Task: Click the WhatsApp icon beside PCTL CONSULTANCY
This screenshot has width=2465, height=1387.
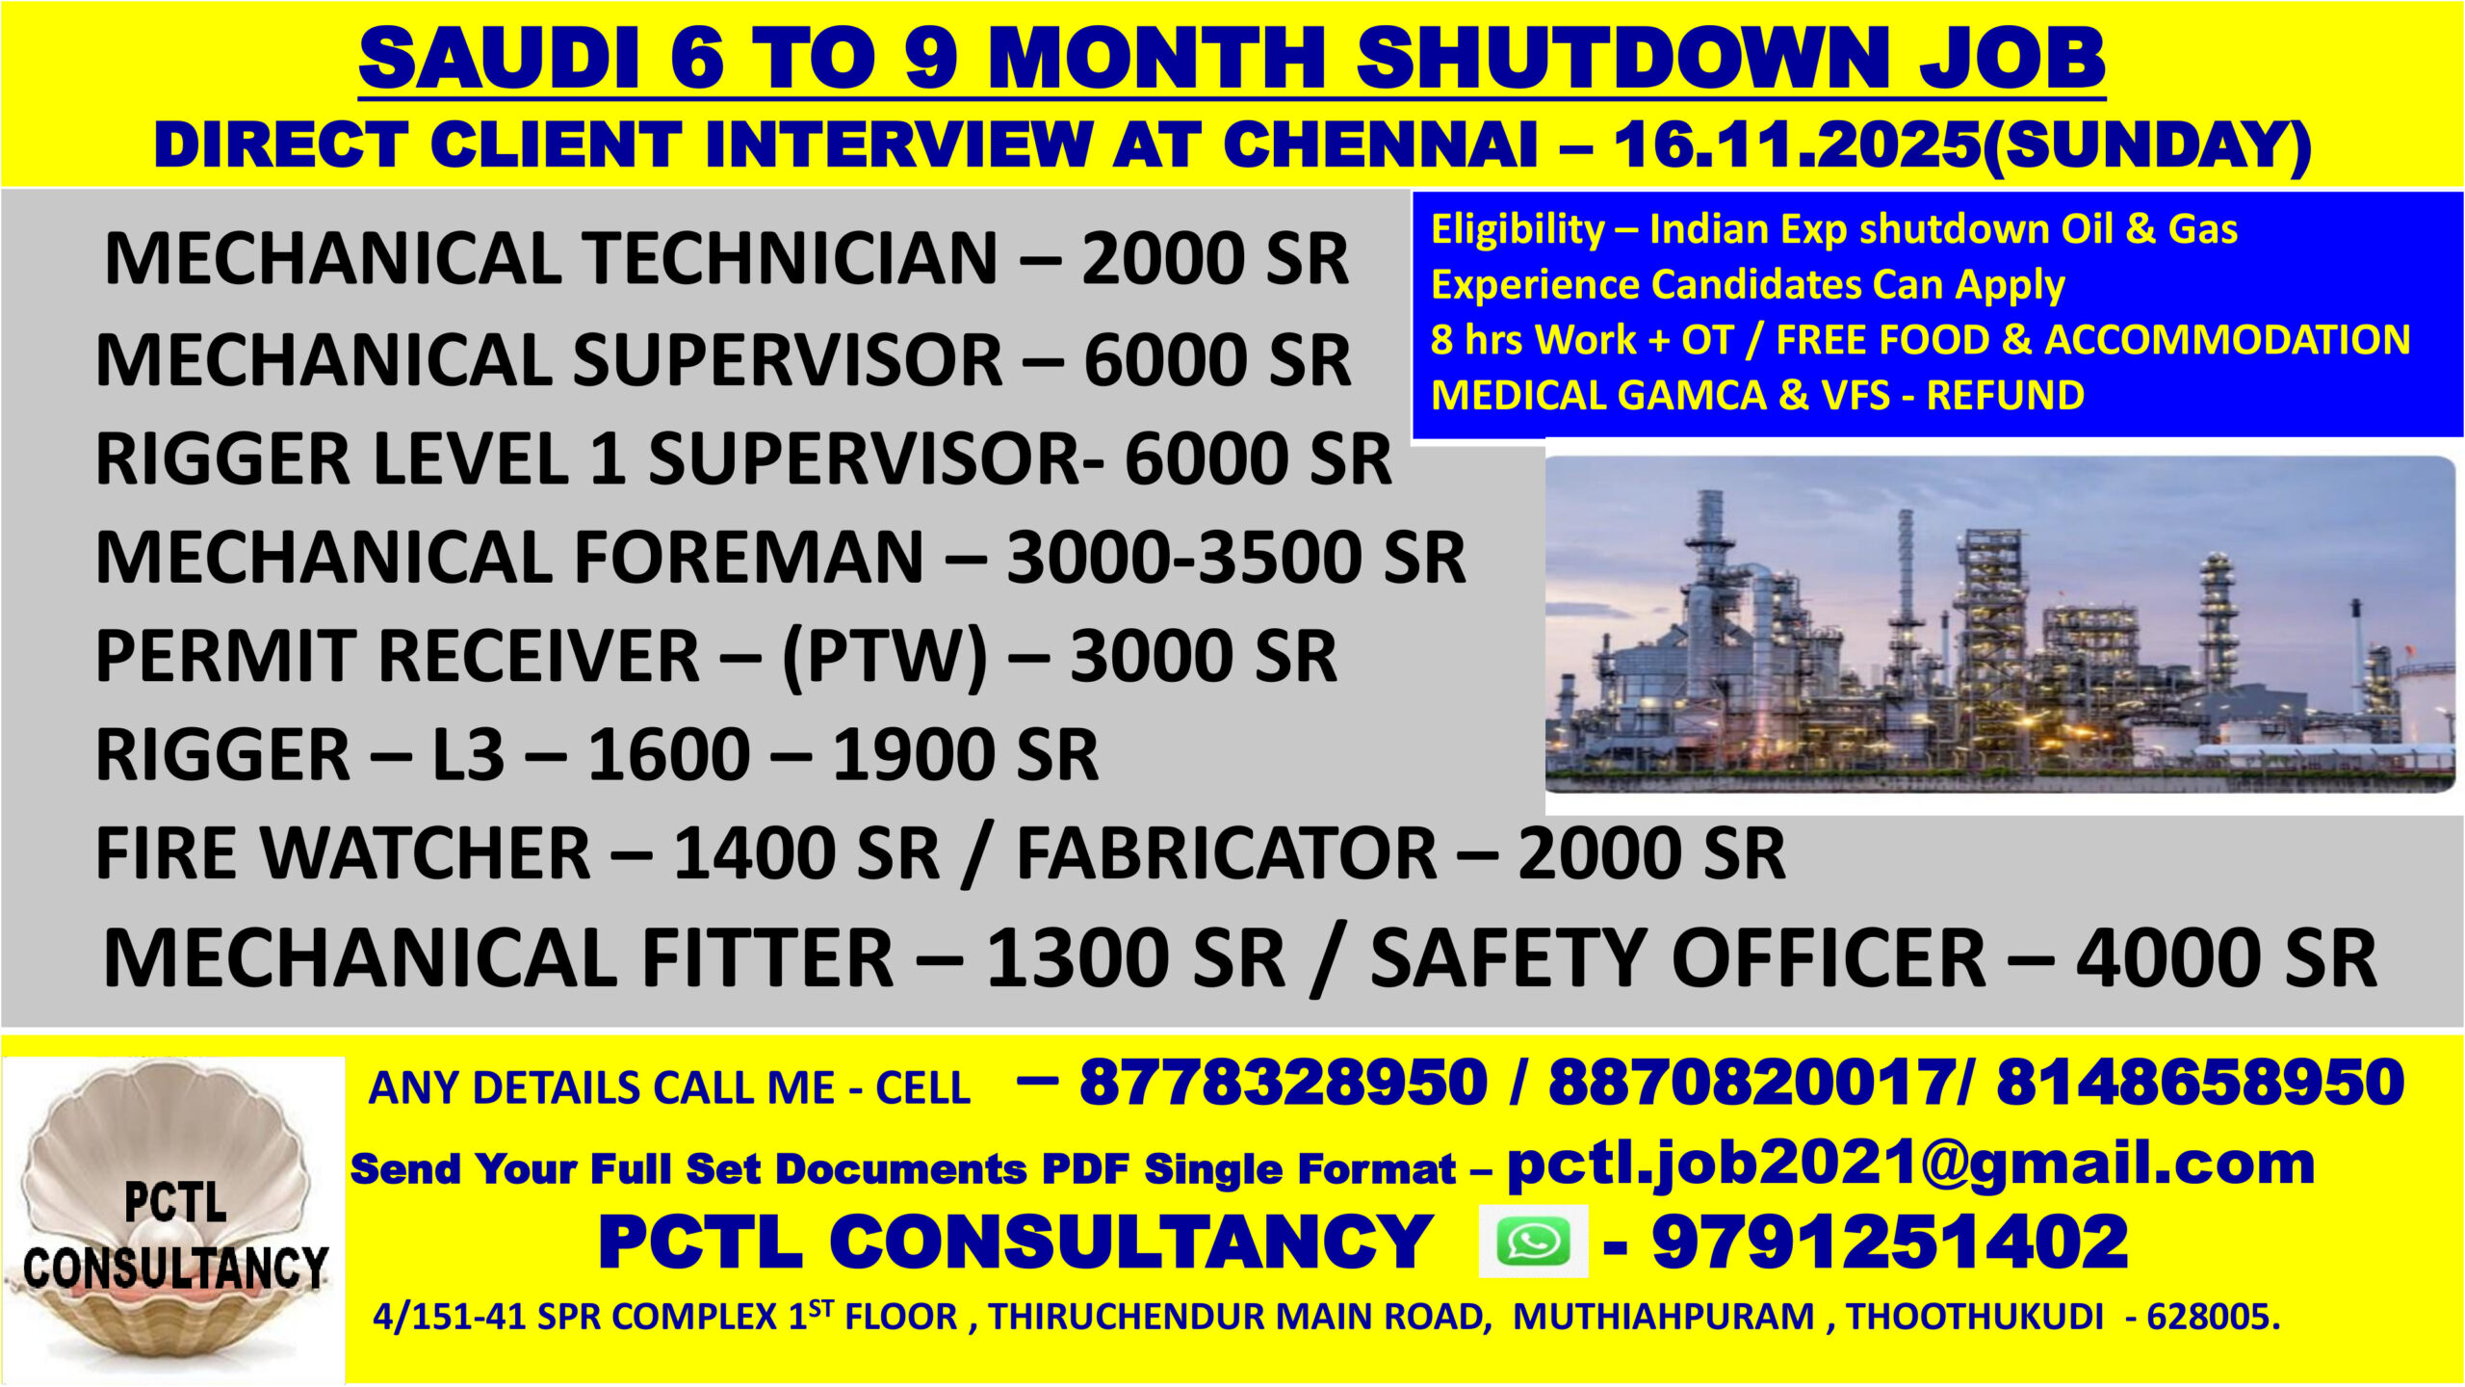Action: tap(1533, 1242)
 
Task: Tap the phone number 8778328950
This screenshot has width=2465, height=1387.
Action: tap(1284, 1082)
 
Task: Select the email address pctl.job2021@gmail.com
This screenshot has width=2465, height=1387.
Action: tap(1910, 1165)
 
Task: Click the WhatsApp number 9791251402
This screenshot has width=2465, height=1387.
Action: tap(1890, 1242)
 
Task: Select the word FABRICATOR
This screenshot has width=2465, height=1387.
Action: tap(1227, 853)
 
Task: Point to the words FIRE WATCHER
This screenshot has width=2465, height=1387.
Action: tap(343, 853)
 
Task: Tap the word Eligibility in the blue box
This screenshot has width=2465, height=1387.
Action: tap(1518, 230)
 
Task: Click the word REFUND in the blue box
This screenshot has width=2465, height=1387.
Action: tap(2005, 396)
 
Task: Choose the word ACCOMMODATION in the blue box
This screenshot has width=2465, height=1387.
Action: tap(2227, 340)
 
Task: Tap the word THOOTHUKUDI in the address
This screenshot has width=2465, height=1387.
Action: tap(1975, 1317)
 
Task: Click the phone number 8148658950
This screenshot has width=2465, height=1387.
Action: tap(2200, 1082)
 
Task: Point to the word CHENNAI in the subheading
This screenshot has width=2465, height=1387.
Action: tap(1380, 144)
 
